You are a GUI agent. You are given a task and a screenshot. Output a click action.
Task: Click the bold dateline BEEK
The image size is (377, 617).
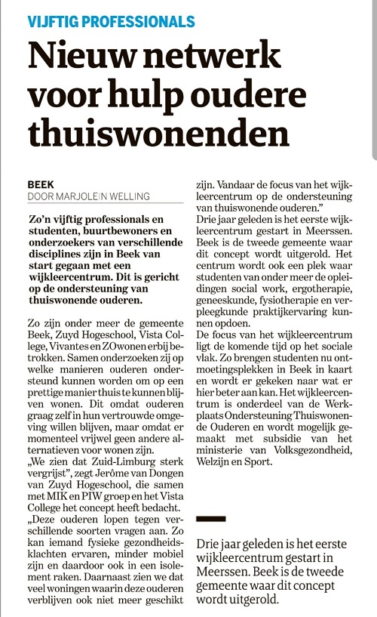coord(41,184)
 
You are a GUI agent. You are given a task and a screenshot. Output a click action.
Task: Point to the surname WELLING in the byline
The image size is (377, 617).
coord(129,196)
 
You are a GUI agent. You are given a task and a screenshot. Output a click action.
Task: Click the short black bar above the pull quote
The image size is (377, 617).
coord(210,518)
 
